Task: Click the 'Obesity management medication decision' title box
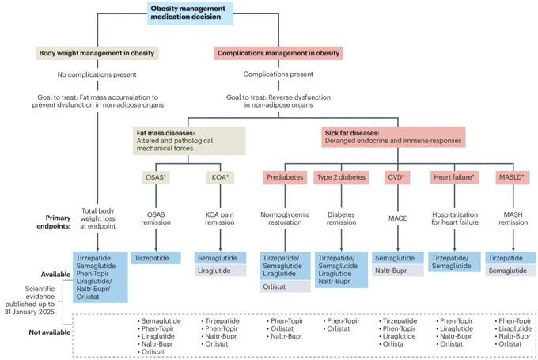[x=190, y=13]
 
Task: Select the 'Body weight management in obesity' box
[x=97, y=53]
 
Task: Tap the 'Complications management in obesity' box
[x=278, y=53]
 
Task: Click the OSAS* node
[x=156, y=177]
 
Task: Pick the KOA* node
[x=220, y=177]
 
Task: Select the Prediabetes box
[x=285, y=177]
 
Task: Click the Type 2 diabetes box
[x=341, y=177]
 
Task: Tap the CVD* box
[x=396, y=177]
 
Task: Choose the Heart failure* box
[x=454, y=177]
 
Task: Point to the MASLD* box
[x=512, y=177]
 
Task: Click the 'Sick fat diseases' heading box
[x=393, y=137]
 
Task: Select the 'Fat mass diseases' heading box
[x=189, y=141]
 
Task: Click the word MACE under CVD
[x=397, y=218]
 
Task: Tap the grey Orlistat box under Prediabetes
[x=285, y=286]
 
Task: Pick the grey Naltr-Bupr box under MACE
[x=397, y=271]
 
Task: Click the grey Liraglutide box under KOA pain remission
[x=220, y=271]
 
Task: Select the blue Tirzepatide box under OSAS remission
[x=156, y=258]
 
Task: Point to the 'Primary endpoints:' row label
[x=54, y=222]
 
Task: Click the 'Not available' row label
[x=50, y=332]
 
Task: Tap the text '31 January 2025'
[x=29, y=312]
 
